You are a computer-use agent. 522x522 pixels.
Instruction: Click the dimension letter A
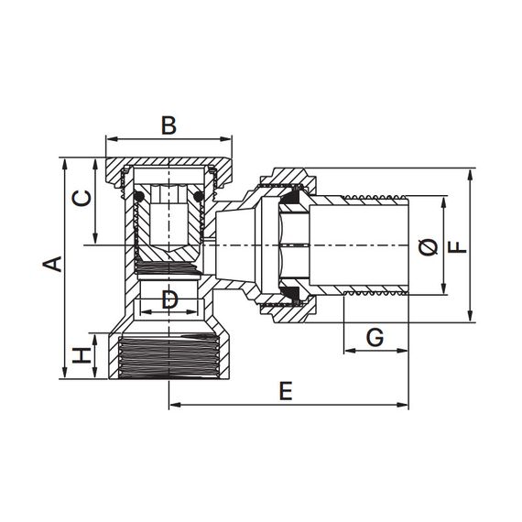click(52, 264)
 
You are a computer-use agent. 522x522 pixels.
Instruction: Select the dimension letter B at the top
click(169, 125)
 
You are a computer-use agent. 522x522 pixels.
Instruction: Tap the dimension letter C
click(82, 199)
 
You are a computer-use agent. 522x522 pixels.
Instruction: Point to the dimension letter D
click(169, 299)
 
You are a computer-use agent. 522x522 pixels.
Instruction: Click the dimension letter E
click(286, 391)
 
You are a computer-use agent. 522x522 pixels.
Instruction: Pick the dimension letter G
click(375, 337)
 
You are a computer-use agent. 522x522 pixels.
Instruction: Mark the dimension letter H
click(82, 355)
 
